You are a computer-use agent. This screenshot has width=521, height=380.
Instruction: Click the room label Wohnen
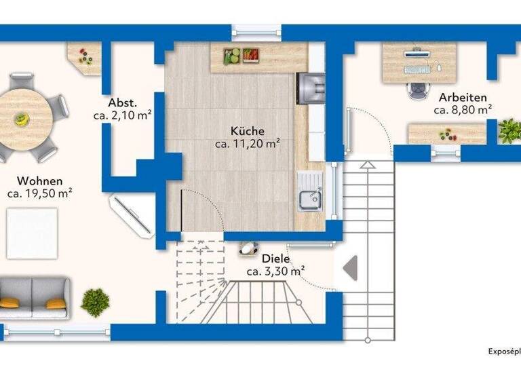coord(40,181)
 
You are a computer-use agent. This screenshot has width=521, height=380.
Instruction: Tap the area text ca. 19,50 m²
coord(40,193)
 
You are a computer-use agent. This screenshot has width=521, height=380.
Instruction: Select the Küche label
coord(247,131)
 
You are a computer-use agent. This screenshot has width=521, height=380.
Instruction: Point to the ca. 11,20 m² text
coord(247,143)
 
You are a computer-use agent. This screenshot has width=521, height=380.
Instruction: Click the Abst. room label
coord(122,103)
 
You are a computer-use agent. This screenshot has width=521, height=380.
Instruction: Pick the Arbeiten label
coord(463,97)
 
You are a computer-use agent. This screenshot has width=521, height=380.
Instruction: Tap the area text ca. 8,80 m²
coord(463,109)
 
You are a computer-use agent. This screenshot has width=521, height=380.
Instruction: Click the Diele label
coord(275,259)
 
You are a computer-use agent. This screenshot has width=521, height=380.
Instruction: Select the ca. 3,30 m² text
coord(275,271)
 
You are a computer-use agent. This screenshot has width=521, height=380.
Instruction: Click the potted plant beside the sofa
coord(95,301)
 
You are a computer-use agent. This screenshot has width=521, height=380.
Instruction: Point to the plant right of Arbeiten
coord(509,131)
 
